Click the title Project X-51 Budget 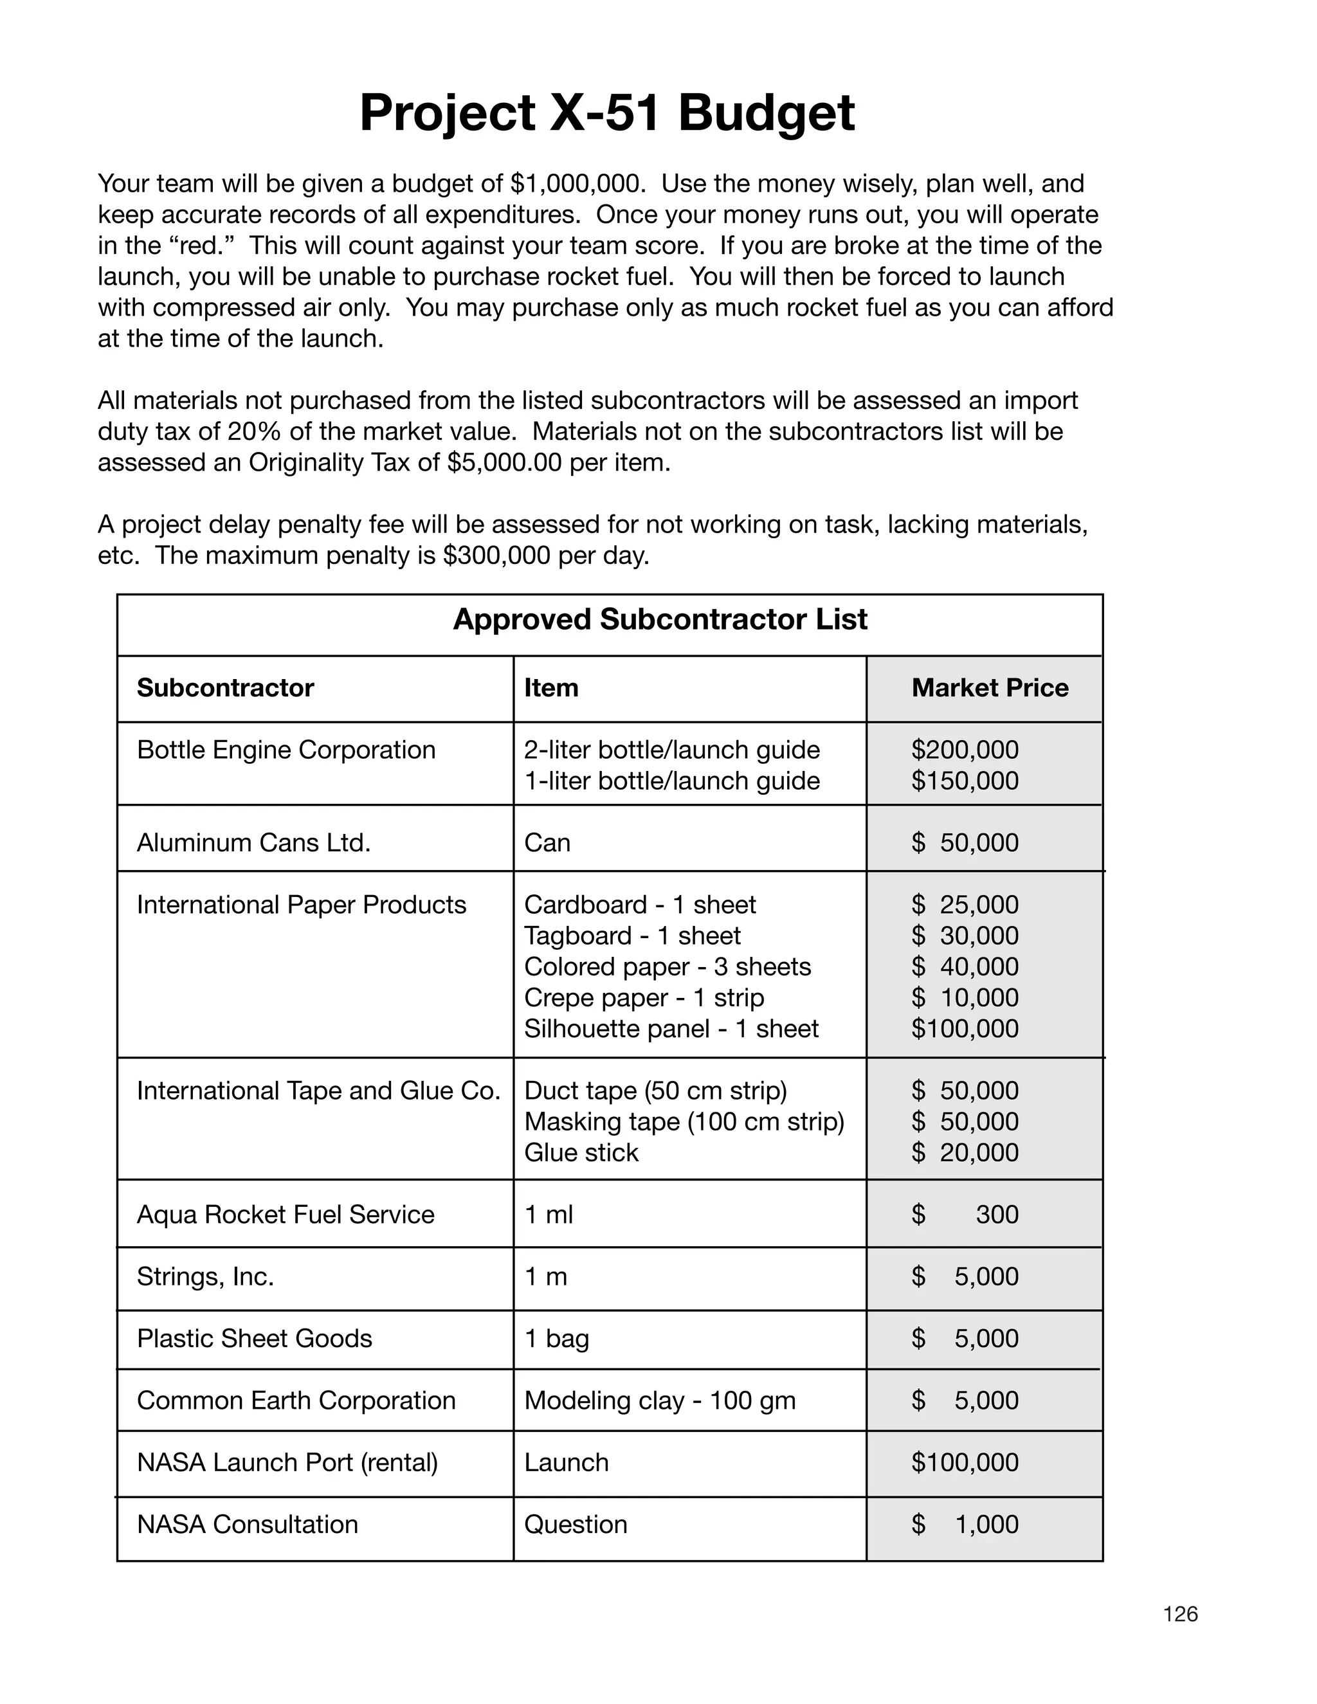(606, 113)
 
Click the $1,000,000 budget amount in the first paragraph (577, 183)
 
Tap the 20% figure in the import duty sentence (253, 431)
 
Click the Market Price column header (989, 687)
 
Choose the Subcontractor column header (224, 687)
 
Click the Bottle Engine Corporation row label (286, 750)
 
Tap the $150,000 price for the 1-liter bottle (965, 781)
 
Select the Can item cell (547, 842)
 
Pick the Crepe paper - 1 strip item (644, 998)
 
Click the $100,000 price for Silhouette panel (965, 1028)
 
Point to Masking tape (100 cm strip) (684, 1121)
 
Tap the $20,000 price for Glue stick (965, 1152)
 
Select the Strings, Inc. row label (205, 1276)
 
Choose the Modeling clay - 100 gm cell (659, 1400)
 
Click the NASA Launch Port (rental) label (287, 1462)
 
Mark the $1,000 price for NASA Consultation (986, 1524)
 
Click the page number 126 (1179, 1614)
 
